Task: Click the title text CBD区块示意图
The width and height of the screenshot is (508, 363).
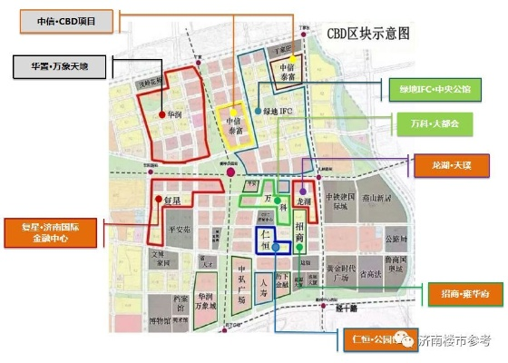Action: coord(368,34)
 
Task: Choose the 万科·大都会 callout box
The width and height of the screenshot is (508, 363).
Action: coord(434,124)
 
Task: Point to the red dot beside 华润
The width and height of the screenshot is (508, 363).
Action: coord(160,115)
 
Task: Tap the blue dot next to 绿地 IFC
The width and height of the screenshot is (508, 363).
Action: coord(259,111)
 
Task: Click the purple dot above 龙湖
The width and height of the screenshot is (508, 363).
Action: coord(302,190)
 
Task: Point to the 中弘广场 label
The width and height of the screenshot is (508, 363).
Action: coord(240,284)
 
